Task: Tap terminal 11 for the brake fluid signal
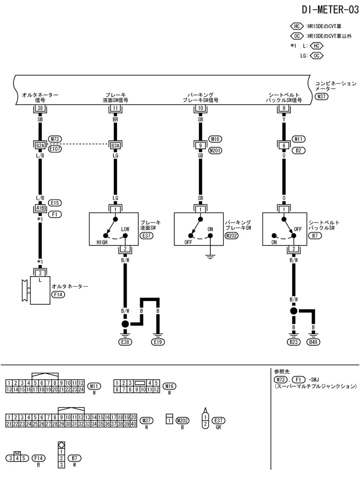115,108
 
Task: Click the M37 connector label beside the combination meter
321,96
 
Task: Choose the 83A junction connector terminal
115,145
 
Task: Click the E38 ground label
125,342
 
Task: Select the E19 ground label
158,342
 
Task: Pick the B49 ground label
313,342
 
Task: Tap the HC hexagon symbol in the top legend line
296,26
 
